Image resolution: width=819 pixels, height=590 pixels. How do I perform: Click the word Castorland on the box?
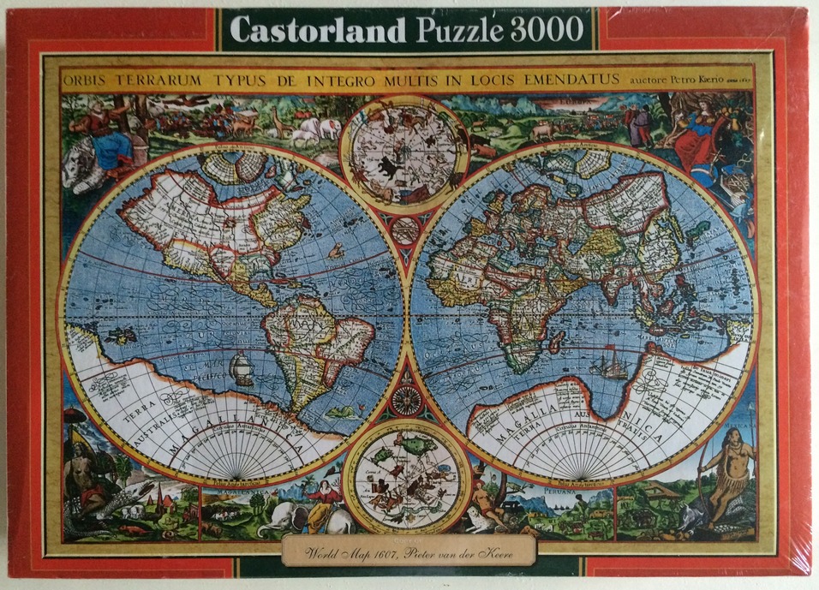[317, 30]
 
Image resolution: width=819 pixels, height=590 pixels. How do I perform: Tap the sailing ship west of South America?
[242, 367]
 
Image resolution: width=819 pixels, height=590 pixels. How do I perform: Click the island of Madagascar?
[557, 340]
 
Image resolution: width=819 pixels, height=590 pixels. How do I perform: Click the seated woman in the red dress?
[705, 137]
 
